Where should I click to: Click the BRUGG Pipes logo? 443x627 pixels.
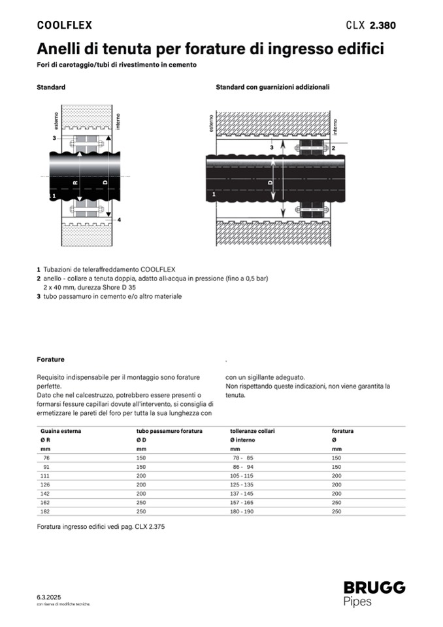pos(374,594)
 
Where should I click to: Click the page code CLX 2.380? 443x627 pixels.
pos(370,25)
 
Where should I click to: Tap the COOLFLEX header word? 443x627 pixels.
pos(64,25)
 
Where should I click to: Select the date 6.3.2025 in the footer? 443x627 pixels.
pos(49,598)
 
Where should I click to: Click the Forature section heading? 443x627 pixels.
pos(50,360)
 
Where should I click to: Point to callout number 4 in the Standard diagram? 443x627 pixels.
pos(119,220)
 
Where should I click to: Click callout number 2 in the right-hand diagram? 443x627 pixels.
pos(333,148)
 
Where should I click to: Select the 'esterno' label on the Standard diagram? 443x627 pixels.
pos(57,124)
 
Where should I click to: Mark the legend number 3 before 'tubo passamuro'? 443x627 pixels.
pos(39,296)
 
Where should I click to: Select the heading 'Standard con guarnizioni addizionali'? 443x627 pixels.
pos(272,86)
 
